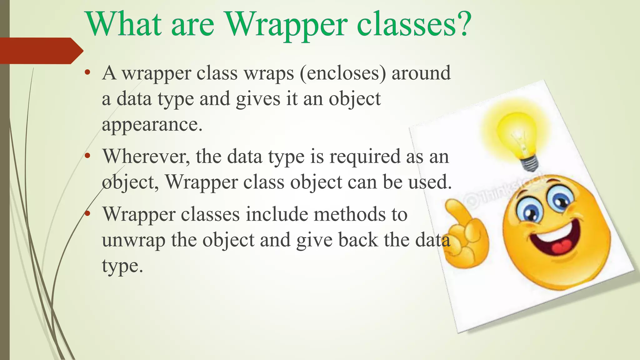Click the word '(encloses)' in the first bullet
[x=343, y=73]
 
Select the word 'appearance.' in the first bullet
[x=152, y=125]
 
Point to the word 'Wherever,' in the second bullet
[x=146, y=157]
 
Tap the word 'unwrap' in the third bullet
[x=133, y=241]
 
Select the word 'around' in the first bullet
[x=421, y=73]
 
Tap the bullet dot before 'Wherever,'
[x=87, y=156]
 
